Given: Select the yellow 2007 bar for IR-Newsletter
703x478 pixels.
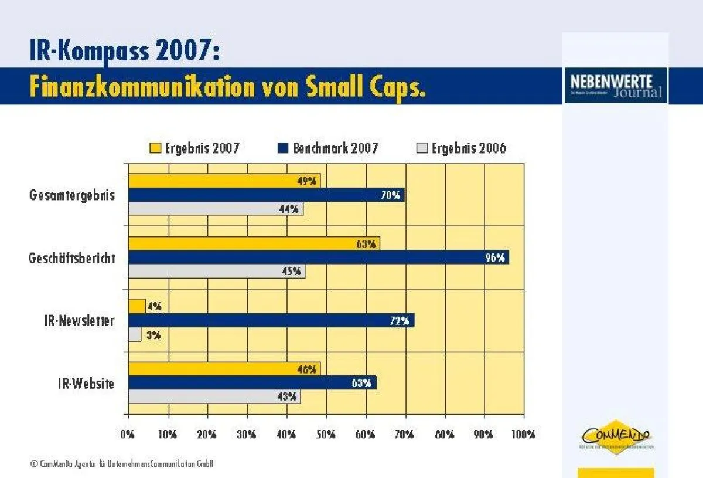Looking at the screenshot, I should (x=136, y=306).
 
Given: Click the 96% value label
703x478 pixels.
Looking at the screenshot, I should (x=495, y=257).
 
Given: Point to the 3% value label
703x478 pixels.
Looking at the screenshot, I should (x=153, y=335).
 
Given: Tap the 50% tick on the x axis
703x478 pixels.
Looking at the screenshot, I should (x=326, y=435).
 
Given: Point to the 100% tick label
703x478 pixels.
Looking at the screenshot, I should (x=523, y=435).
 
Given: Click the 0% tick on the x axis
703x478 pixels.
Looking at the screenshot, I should (x=128, y=435).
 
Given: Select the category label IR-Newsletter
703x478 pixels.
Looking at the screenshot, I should (x=79, y=321).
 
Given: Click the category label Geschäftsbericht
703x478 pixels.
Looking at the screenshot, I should (x=72, y=258).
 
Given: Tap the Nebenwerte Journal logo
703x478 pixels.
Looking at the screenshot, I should (x=616, y=86).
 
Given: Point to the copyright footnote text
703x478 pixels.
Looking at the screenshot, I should (x=121, y=464).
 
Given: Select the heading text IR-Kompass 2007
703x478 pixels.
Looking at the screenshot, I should (x=125, y=52).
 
